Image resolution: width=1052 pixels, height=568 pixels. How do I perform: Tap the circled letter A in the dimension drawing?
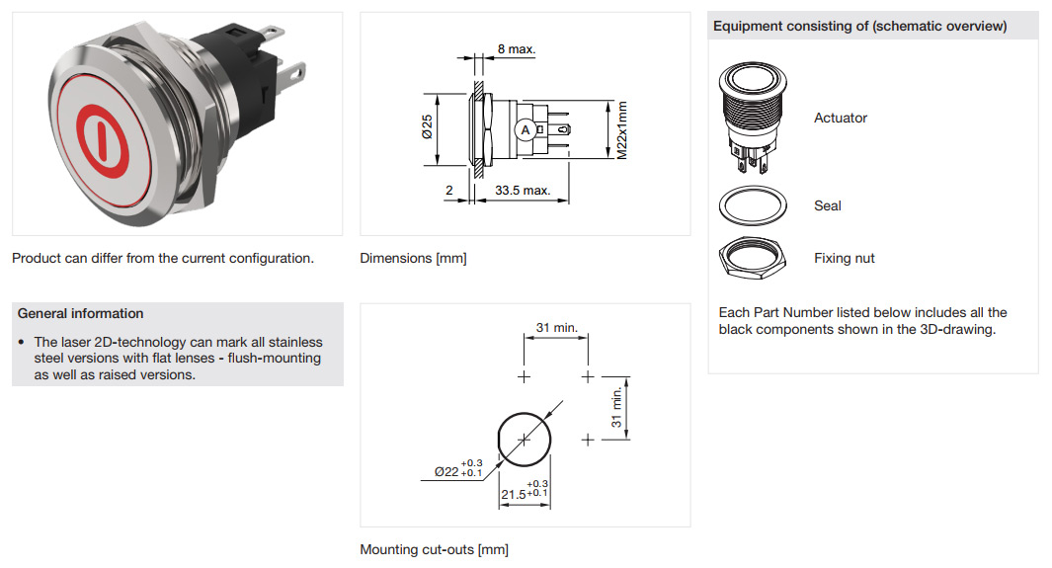pyautogui.click(x=526, y=130)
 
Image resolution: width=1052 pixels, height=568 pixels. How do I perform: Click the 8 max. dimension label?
pyautogui.click(x=516, y=49)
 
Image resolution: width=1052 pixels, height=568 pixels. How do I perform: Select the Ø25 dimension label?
pyautogui.click(x=427, y=126)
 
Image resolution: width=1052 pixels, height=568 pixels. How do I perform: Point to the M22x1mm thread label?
pyautogui.click(x=622, y=130)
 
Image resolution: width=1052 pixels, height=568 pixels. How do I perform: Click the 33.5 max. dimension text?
pyautogui.click(x=523, y=191)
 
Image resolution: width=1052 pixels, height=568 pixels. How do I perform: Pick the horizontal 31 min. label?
pyautogui.click(x=557, y=327)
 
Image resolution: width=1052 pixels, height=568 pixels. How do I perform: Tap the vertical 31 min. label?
pyautogui.click(x=616, y=408)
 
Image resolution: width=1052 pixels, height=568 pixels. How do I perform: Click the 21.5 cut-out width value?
pyautogui.click(x=514, y=494)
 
